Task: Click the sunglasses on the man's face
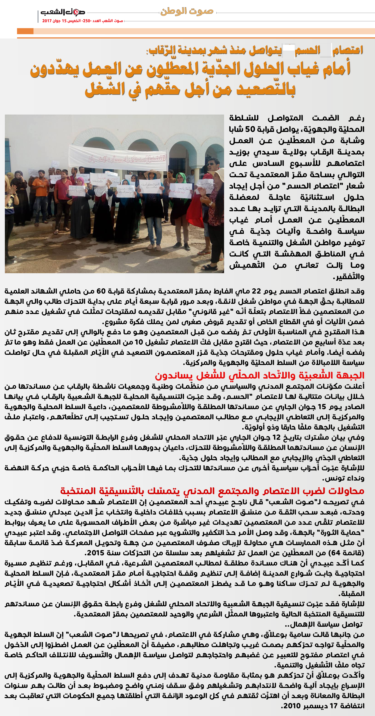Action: coord(211,164)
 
